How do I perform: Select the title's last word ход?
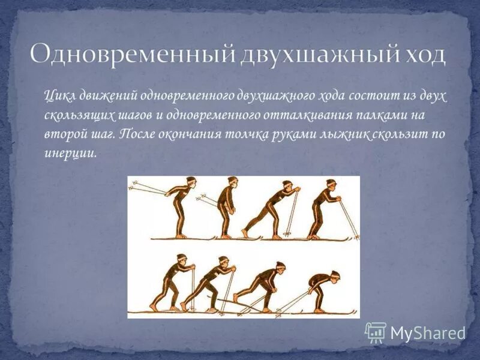pos(421,55)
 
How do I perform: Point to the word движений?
pos(109,96)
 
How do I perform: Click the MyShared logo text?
pos(428,332)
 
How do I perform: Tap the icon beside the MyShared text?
pos(376,332)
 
